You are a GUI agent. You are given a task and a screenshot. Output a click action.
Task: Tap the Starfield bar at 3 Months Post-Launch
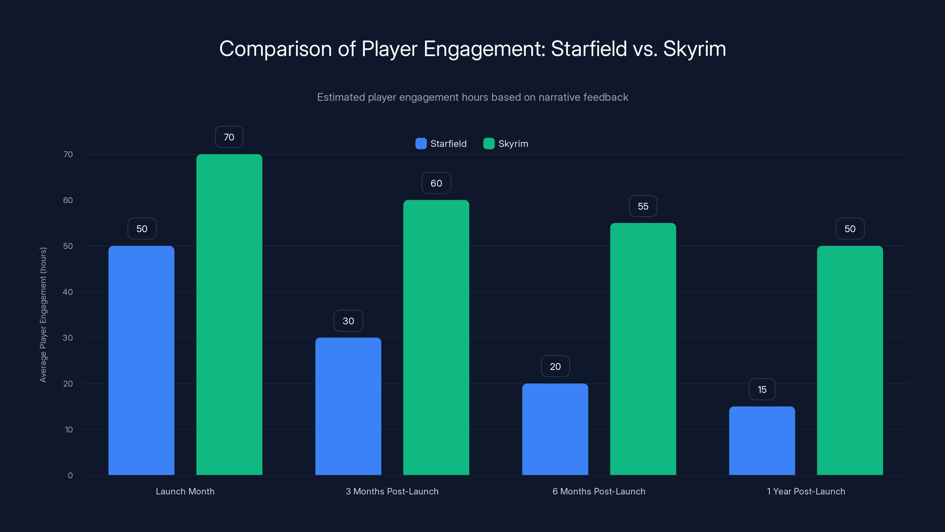pyautogui.click(x=348, y=406)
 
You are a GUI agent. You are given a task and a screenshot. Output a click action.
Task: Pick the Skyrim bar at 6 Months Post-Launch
pyautogui.click(x=643, y=349)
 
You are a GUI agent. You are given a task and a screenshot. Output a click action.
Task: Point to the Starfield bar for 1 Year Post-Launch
pyautogui.click(x=762, y=441)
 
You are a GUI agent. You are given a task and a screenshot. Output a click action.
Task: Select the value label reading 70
pyautogui.click(x=229, y=137)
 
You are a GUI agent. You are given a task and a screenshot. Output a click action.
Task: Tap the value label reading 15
pyautogui.click(x=762, y=389)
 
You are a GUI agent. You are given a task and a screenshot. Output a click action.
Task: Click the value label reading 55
pyautogui.click(x=643, y=206)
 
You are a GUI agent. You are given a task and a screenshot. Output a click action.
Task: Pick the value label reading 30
pyautogui.click(x=348, y=320)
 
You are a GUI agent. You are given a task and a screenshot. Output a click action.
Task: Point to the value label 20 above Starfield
pyautogui.click(x=555, y=366)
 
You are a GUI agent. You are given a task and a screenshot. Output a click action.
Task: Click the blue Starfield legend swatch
pyautogui.click(x=421, y=144)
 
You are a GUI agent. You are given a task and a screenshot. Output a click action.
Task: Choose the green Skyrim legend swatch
pyautogui.click(x=489, y=144)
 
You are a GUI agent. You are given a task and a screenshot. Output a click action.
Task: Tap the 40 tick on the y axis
pyautogui.click(x=68, y=292)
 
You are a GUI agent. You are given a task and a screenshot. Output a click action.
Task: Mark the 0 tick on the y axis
pyautogui.click(x=70, y=476)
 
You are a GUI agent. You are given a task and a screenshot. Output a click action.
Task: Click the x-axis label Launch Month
pyautogui.click(x=185, y=491)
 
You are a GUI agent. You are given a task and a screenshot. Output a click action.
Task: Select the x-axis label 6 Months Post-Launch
pyautogui.click(x=599, y=491)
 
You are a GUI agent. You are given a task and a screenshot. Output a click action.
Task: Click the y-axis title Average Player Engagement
pyautogui.click(x=43, y=315)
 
